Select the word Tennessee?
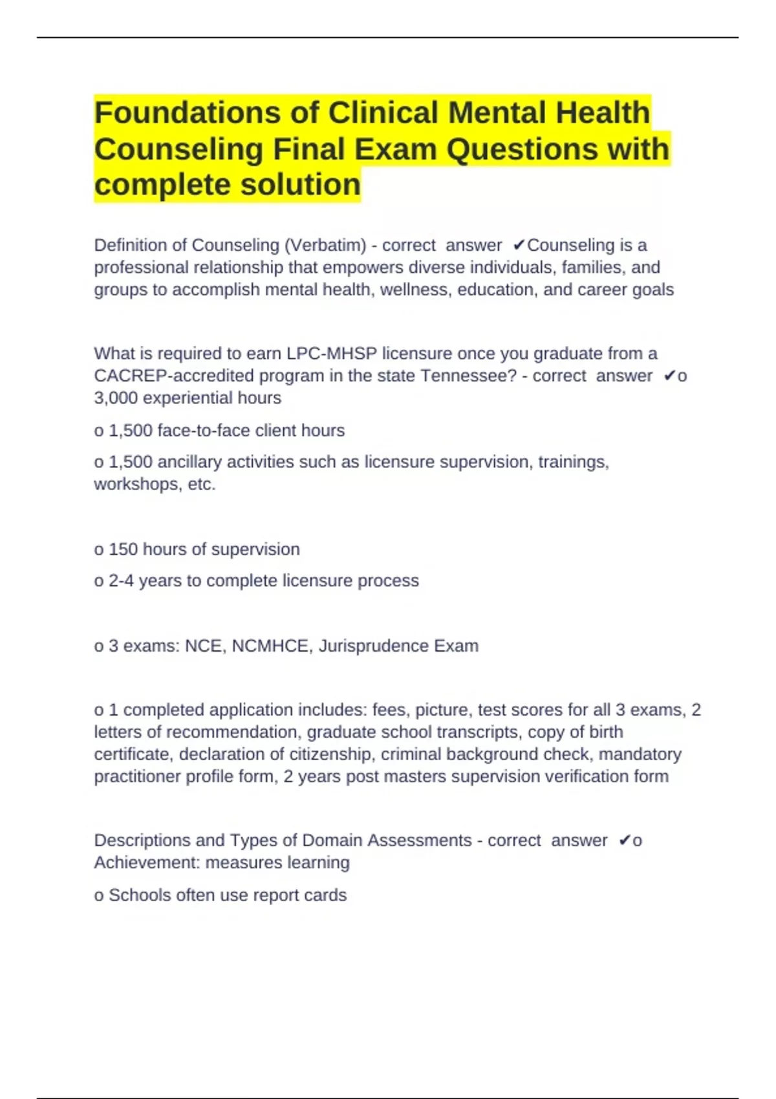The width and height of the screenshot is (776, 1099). pyautogui.click(x=469, y=376)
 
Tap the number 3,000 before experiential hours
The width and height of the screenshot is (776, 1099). pyautogui.click(x=116, y=398)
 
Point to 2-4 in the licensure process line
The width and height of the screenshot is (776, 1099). pyautogui.click(x=121, y=581)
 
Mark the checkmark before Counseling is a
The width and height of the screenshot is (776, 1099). pyautogui.click(x=519, y=246)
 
